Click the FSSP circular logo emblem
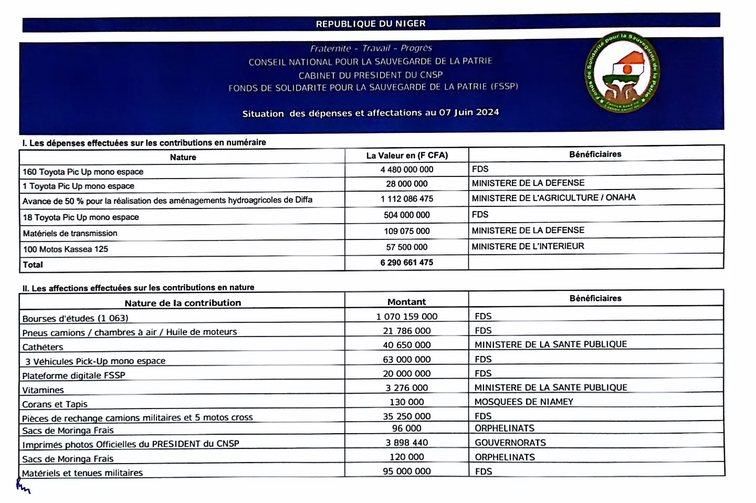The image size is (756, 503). (x=622, y=72)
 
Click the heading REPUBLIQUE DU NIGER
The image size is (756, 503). (x=371, y=24)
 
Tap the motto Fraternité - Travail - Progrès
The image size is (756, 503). (x=371, y=48)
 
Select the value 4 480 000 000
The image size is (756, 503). (x=407, y=170)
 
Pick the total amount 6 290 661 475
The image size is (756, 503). (x=407, y=263)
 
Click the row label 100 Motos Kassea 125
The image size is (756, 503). (x=66, y=249)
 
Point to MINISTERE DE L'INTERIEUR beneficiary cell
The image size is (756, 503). (x=528, y=246)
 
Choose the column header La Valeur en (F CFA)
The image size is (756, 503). (x=407, y=155)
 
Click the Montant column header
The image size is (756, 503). (x=406, y=302)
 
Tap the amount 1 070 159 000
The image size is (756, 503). (x=407, y=317)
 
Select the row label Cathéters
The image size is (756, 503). (x=43, y=347)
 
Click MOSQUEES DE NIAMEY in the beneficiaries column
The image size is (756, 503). (x=523, y=402)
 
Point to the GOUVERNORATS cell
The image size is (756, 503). (x=510, y=443)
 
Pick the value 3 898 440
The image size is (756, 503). (x=407, y=443)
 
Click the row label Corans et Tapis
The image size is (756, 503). (x=55, y=404)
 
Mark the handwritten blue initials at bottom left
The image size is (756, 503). (x=23, y=488)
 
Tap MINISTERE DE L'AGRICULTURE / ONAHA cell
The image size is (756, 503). (x=553, y=198)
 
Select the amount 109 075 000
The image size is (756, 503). (x=407, y=231)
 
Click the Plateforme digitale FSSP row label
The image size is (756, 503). (x=73, y=375)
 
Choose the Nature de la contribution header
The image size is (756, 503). (x=183, y=303)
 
